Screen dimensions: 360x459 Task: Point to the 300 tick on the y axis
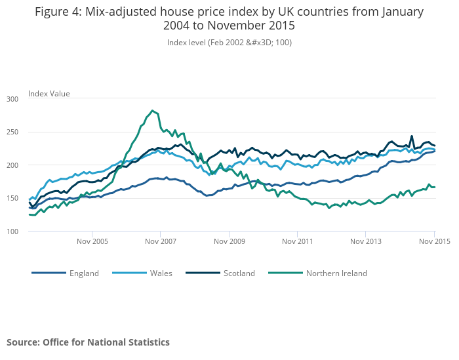click(12, 99)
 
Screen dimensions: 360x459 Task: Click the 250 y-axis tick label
click(12, 132)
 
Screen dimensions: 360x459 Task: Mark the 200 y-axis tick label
click(12, 165)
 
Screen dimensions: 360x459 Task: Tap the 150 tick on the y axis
click(12, 199)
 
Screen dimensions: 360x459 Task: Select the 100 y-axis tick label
click(12, 231)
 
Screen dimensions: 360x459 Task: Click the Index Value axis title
click(49, 94)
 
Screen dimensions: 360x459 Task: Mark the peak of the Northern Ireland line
click(152, 110)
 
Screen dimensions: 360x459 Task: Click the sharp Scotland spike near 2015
click(412, 136)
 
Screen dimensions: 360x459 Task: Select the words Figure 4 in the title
click(57, 12)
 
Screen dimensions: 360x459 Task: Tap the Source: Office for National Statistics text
click(88, 342)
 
